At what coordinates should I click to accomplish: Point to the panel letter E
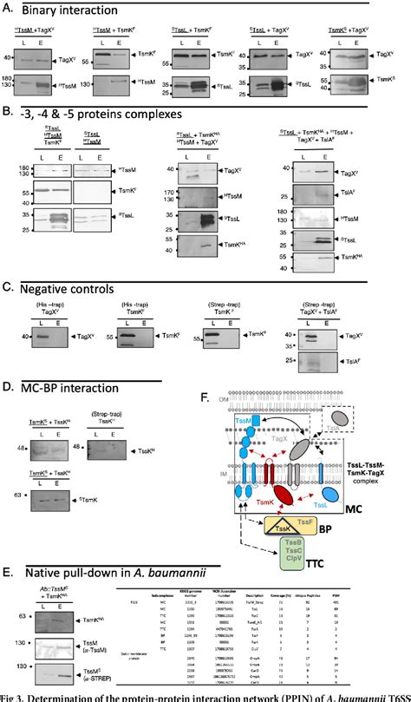(x=7, y=573)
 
